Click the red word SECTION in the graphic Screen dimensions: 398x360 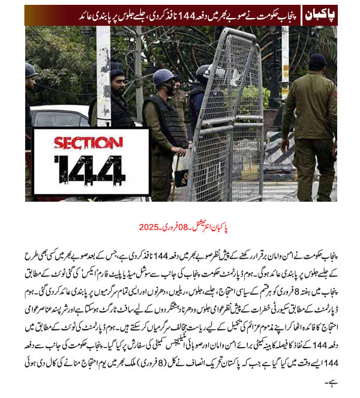tap(84, 144)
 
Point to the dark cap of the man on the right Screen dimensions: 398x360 tap(318, 60)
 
